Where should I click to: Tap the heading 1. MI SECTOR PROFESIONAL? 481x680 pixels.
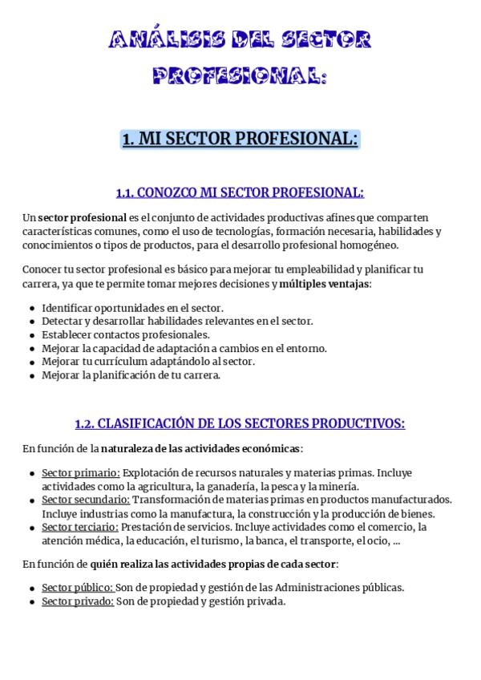pyautogui.click(x=240, y=139)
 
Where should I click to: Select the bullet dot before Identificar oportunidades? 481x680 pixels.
pyautogui.click(x=31, y=308)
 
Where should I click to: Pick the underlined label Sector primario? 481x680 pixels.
pyautogui.click(x=81, y=472)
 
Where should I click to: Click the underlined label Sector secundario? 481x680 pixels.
pyautogui.click(x=85, y=500)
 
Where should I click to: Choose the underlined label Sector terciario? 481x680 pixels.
pyautogui.click(x=80, y=527)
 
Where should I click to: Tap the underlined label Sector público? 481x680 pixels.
pyautogui.click(x=77, y=587)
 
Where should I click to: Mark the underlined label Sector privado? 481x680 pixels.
pyautogui.click(x=77, y=601)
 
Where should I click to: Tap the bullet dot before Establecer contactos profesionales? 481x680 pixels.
pyautogui.click(x=31, y=335)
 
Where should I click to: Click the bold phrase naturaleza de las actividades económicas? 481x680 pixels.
pyautogui.click(x=201, y=447)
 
